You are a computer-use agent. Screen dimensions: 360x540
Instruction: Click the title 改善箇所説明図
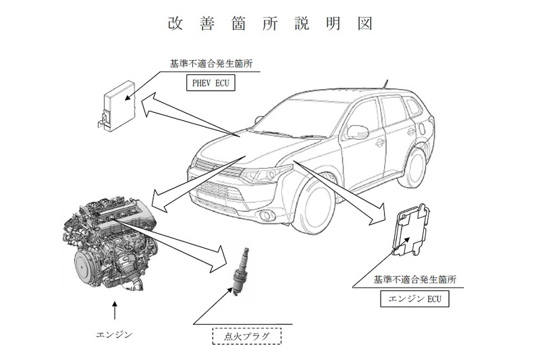(x=270, y=22)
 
